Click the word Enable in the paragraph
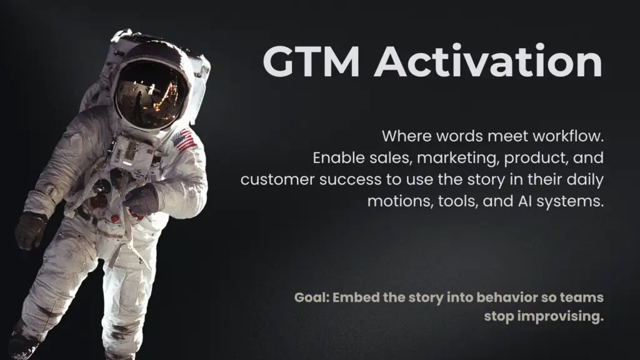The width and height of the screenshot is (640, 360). coord(335,158)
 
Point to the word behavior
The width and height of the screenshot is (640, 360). coord(492,297)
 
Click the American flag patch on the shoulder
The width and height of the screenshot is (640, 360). coord(184,141)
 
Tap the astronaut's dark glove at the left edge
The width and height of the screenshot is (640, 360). coord(29,229)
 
